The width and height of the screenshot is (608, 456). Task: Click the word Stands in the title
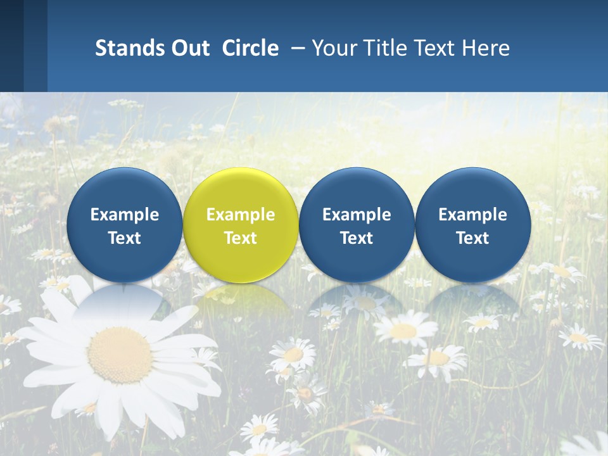coord(127,48)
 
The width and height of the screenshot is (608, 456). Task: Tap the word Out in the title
coord(188,48)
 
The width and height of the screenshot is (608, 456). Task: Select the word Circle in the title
coord(250,48)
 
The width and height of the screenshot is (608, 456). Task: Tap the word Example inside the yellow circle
coord(241,215)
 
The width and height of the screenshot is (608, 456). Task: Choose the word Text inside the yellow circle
coord(241,238)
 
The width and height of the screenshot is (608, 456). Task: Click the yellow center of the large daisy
coord(120,355)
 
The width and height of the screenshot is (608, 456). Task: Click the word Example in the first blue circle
coord(125,215)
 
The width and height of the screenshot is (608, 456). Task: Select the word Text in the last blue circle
coord(473,238)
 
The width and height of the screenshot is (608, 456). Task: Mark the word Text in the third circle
coord(357,238)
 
